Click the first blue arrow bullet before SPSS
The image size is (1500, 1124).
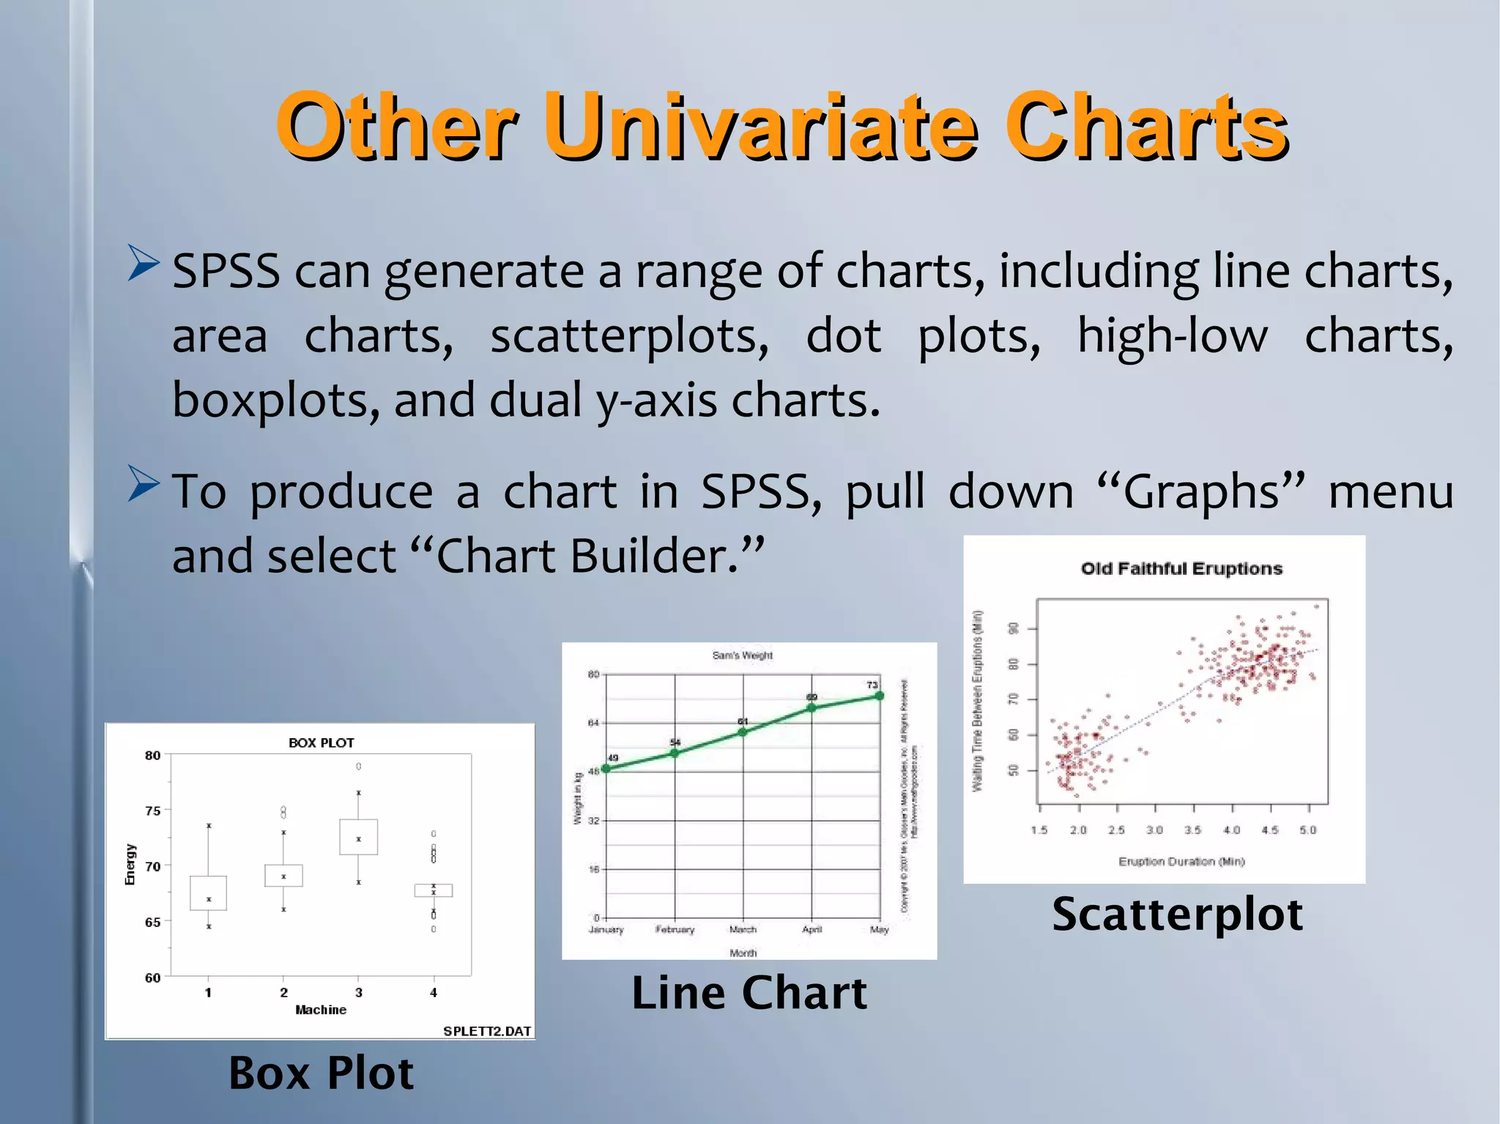pyautogui.click(x=143, y=263)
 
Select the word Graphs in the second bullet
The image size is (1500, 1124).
pyautogui.click(x=1202, y=491)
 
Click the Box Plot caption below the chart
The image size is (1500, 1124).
pyautogui.click(x=321, y=1073)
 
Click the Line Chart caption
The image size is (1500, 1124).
pyautogui.click(x=749, y=993)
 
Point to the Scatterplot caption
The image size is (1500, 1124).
pyautogui.click(x=1177, y=914)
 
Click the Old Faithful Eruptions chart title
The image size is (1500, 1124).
pyautogui.click(x=1181, y=569)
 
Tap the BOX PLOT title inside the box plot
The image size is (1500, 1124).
pyautogui.click(x=321, y=742)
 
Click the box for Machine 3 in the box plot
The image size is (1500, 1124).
pyautogui.click(x=358, y=837)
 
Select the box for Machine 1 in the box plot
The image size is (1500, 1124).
pyautogui.click(x=208, y=893)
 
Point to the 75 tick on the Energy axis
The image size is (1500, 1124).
pyautogui.click(x=152, y=811)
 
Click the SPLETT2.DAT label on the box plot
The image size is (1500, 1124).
pyautogui.click(x=486, y=1031)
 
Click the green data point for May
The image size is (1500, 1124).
pyautogui.click(x=879, y=696)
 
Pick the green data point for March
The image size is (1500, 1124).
pyautogui.click(x=743, y=732)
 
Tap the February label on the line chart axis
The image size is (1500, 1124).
pyautogui.click(x=675, y=929)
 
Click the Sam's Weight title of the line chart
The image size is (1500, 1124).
pyautogui.click(x=742, y=655)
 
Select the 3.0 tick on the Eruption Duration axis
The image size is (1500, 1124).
pyautogui.click(x=1154, y=830)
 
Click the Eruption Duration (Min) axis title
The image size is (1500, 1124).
pyautogui.click(x=1181, y=861)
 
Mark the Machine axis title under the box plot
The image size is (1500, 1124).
pyautogui.click(x=321, y=1010)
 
